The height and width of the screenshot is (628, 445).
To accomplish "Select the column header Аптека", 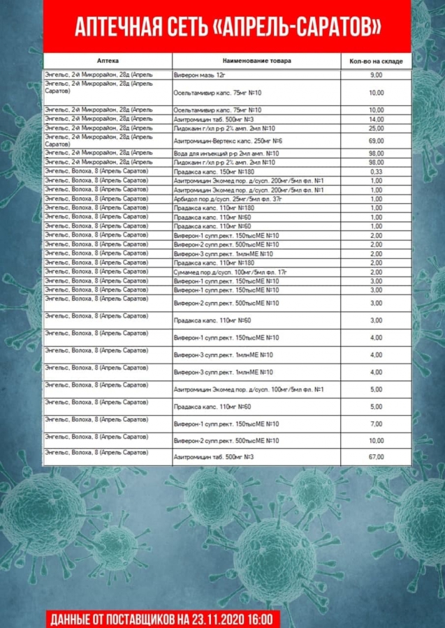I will [109, 61].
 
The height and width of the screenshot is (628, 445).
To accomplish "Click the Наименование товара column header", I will [256, 61].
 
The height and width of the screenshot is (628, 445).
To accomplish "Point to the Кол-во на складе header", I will [376, 61].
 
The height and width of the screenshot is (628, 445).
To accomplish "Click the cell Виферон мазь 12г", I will [200, 74].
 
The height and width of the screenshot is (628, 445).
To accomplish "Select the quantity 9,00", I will [376, 74].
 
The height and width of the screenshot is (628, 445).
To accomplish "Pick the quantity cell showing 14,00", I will [376, 119].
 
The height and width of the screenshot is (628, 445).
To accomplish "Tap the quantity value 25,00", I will [376, 128].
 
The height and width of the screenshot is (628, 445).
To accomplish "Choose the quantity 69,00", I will [376, 141].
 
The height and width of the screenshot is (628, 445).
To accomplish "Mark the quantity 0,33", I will [376, 171].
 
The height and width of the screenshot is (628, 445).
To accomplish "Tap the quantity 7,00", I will [376, 424].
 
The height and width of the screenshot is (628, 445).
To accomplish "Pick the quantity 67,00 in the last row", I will [376, 457].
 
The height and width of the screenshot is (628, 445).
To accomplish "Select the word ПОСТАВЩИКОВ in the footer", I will [139, 619].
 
